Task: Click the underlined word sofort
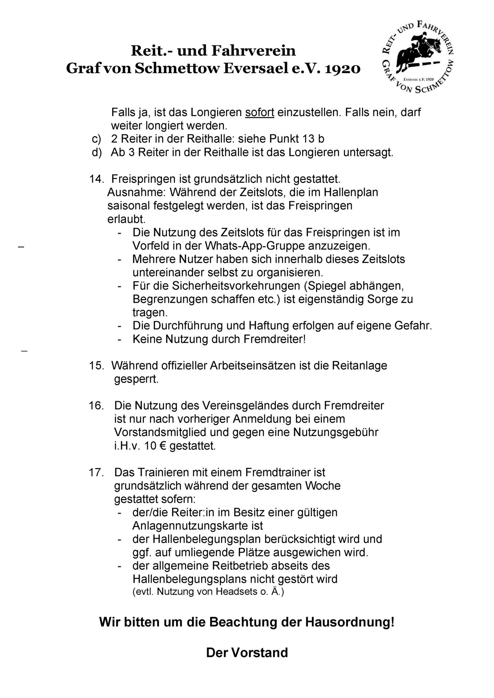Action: point(260,112)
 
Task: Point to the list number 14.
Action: point(96,179)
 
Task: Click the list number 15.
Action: point(96,365)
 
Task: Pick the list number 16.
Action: point(96,405)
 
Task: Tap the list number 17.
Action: point(96,472)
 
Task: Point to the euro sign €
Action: point(162,446)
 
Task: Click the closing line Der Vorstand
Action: point(247,653)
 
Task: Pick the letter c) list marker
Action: point(96,139)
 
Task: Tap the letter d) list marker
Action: point(96,152)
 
